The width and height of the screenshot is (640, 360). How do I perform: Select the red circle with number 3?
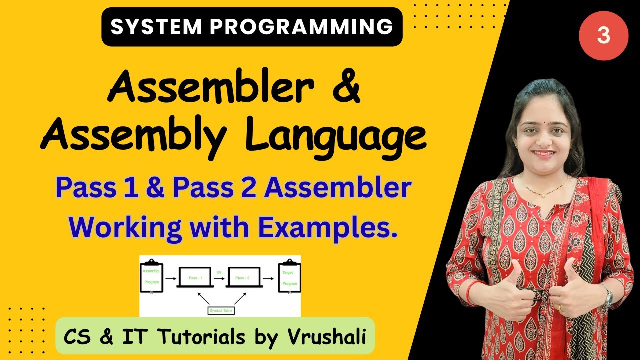click(x=603, y=36)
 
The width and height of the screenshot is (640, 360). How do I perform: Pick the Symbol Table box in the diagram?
click(x=220, y=311)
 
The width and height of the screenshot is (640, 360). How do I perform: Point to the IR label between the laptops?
click(x=219, y=271)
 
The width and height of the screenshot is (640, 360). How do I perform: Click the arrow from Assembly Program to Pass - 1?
click(x=170, y=277)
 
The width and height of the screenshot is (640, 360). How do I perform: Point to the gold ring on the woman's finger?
click(x=560, y=308)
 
